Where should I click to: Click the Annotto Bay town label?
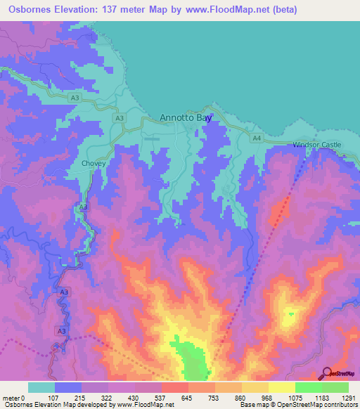186,118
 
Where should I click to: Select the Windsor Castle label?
316,145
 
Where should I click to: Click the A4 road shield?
257,139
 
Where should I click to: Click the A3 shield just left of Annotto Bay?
120,119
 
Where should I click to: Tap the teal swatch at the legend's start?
41,387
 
